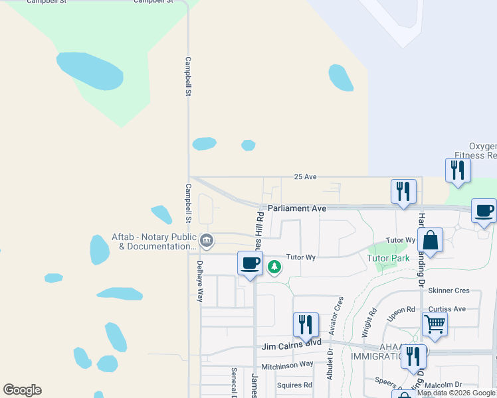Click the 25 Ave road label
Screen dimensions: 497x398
[306, 177]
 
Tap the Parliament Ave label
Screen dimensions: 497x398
[297, 208]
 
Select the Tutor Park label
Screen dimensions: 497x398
[388, 258]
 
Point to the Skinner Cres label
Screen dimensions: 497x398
[449, 291]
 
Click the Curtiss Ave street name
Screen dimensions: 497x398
[447, 309]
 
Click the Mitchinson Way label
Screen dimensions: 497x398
[287, 364]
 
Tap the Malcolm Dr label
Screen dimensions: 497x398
[445, 385]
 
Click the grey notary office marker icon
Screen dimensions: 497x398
[206, 239]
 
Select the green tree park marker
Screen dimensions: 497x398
[274, 267]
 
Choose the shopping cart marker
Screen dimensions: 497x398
[434, 324]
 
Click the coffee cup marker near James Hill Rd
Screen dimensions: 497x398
[250, 263]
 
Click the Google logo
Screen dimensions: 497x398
[23, 390]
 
